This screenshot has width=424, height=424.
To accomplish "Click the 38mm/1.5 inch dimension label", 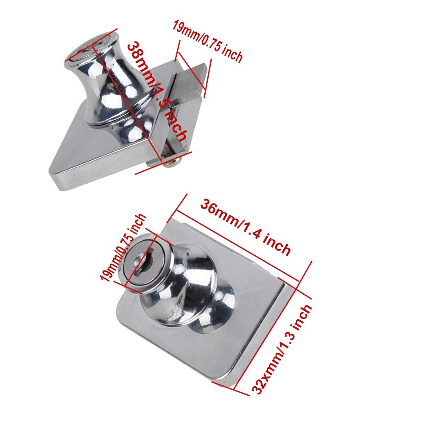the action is tap(157, 92).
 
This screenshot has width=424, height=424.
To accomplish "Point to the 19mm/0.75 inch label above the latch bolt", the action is tap(208, 41).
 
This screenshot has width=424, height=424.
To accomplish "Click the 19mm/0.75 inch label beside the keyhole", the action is tap(123, 248).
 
